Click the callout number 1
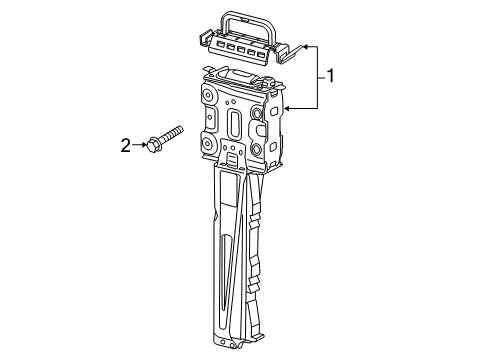330,76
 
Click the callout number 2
126,146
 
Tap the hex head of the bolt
153,145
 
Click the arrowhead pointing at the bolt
144,145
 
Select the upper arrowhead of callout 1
305,47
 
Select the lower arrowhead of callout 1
287,108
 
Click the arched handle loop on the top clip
248,24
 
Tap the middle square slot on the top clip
241,50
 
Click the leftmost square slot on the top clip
220,43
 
